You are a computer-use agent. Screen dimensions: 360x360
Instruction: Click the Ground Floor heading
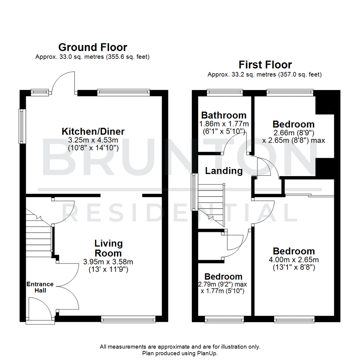click(x=92, y=47)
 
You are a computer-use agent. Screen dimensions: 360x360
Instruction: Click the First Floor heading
click(x=265, y=65)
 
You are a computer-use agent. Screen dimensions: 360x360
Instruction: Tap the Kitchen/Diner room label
click(x=93, y=131)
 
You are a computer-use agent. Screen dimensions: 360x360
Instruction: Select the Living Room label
click(x=109, y=248)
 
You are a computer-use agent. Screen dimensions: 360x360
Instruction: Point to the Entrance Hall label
click(x=40, y=287)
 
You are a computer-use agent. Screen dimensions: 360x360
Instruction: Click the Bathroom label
click(x=224, y=115)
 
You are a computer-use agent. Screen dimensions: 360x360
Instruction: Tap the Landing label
click(x=224, y=171)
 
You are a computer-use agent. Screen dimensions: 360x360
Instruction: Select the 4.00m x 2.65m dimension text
click(x=294, y=260)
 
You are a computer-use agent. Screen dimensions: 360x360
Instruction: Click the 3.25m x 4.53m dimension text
click(x=93, y=140)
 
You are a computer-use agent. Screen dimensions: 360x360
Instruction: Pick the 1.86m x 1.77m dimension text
click(x=224, y=124)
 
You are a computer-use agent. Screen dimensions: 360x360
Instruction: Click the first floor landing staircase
click(x=211, y=205)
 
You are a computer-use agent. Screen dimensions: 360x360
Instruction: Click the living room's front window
click(x=128, y=320)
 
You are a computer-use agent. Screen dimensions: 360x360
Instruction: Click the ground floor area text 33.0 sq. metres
click(x=92, y=57)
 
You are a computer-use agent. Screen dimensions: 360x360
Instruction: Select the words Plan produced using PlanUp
click(x=180, y=353)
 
